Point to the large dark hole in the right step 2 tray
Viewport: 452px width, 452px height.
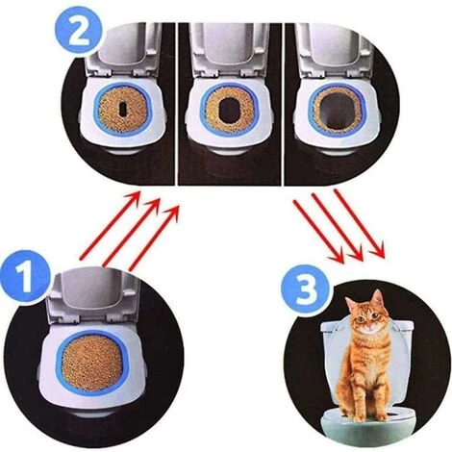point(336,108)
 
